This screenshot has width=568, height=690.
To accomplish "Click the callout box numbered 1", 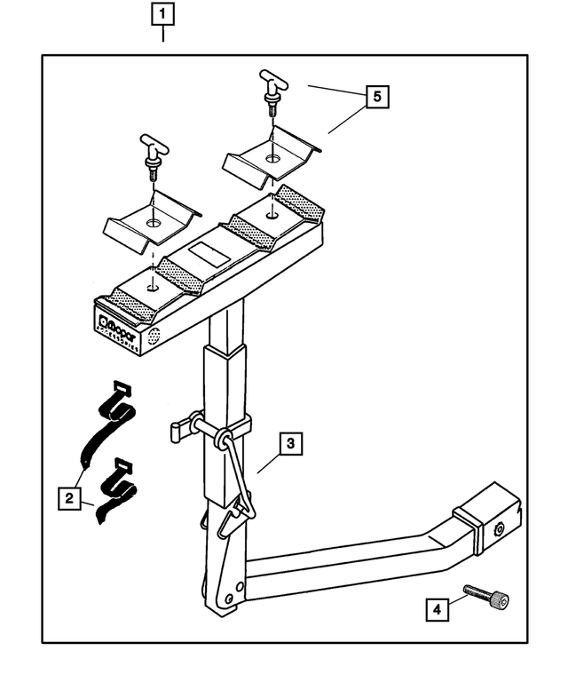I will (163, 14).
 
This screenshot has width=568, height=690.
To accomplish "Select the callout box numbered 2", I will (67, 498).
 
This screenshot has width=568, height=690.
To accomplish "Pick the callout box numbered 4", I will (436, 610).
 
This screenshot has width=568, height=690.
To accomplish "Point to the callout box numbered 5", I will (378, 96).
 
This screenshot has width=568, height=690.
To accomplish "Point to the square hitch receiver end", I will (492, 518).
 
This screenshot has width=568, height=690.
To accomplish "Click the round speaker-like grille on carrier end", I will (154, 337).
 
